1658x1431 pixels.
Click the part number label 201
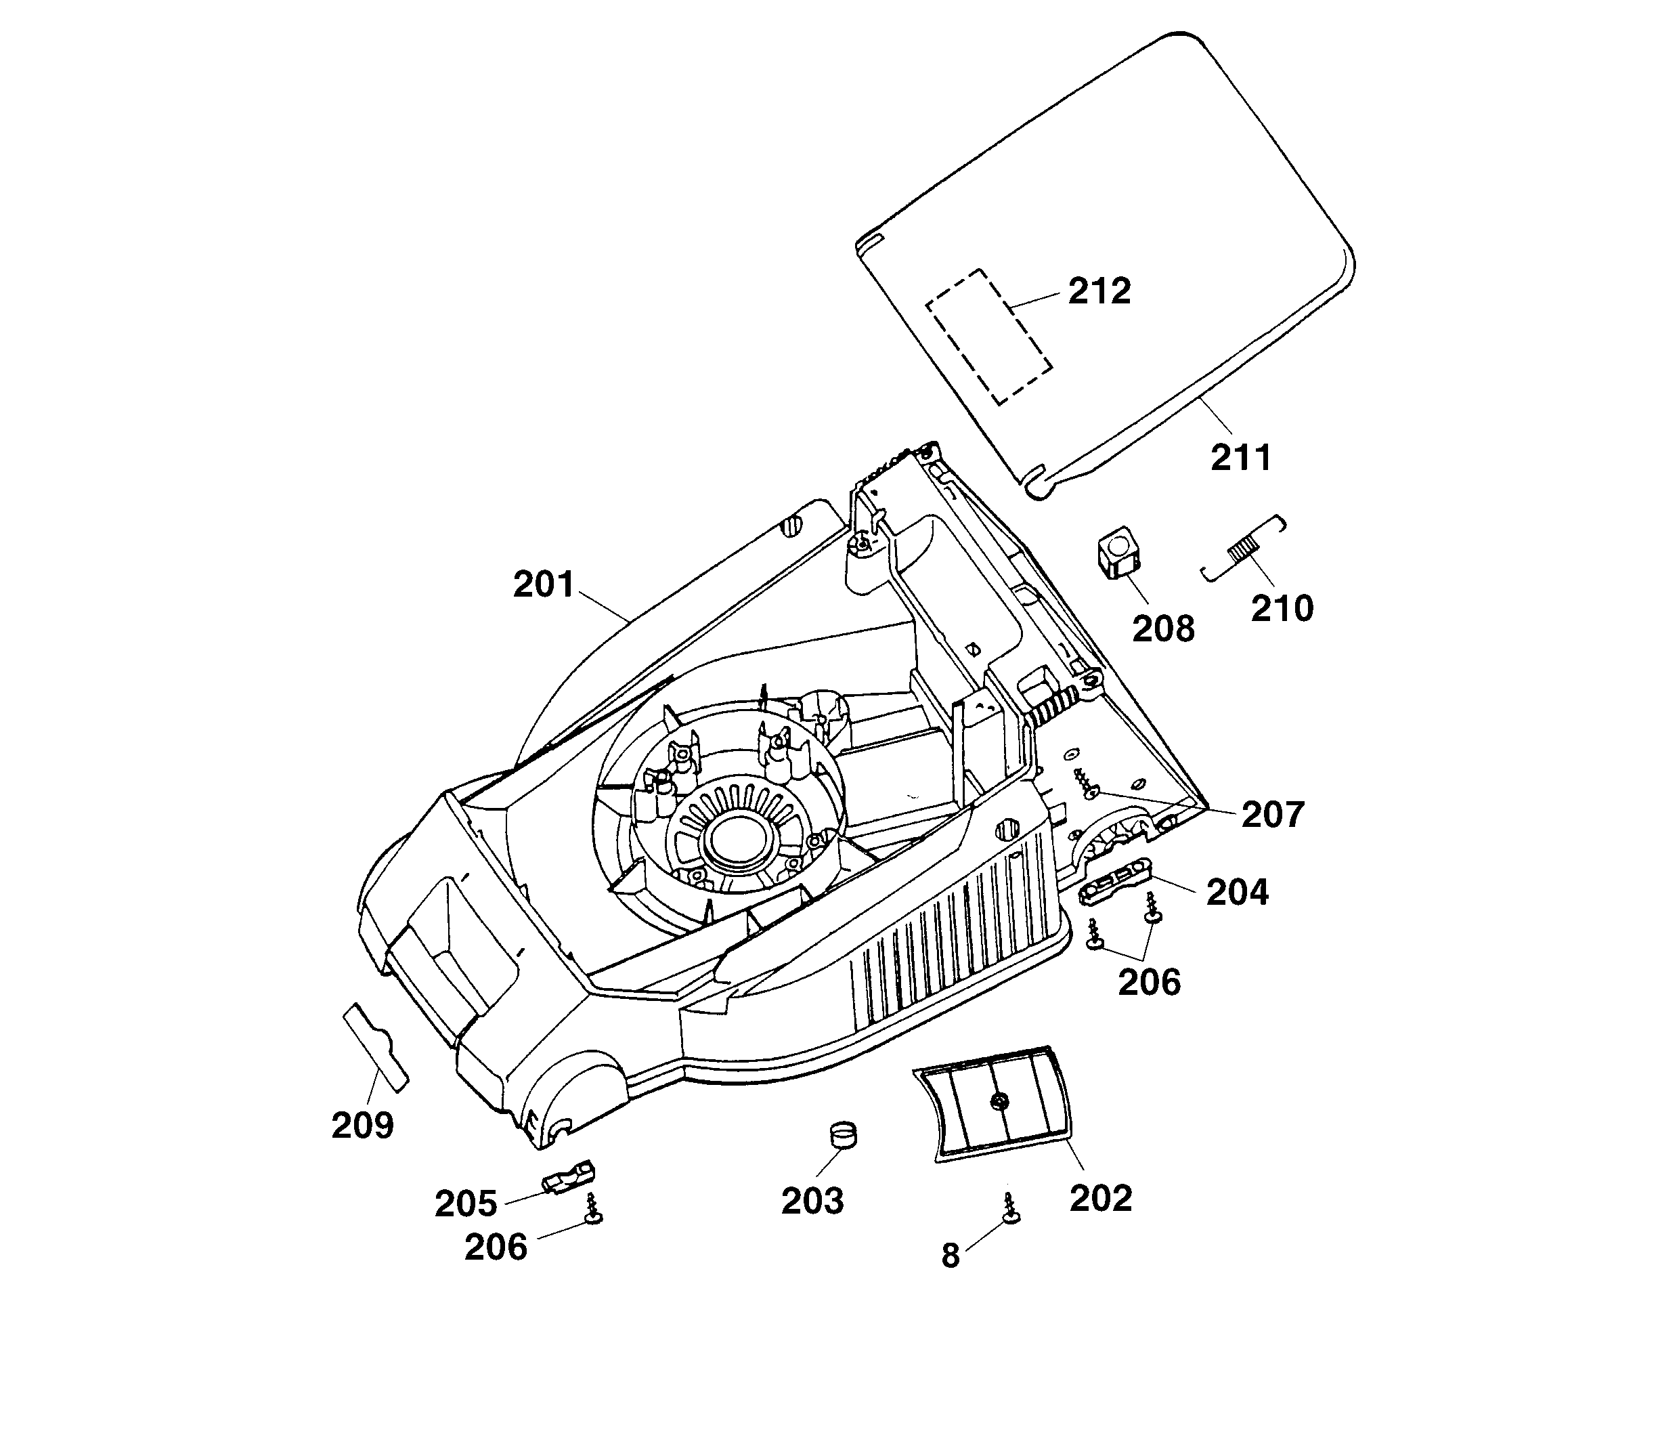click(544, 585)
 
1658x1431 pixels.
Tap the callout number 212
click(1099, 291)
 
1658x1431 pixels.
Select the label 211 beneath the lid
click(1240, 458)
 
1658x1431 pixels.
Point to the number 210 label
click(1282, 609)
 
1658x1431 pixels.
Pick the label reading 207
click(1273, 815)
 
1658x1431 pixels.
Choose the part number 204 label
click(1237, 893)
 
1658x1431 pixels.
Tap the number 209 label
click(362, 1126)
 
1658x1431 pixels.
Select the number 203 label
click(812, 1201)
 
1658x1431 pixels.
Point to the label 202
click(1100, 1198)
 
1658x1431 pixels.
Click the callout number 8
click(950, 1256)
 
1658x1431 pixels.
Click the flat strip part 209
click(375, 1047)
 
